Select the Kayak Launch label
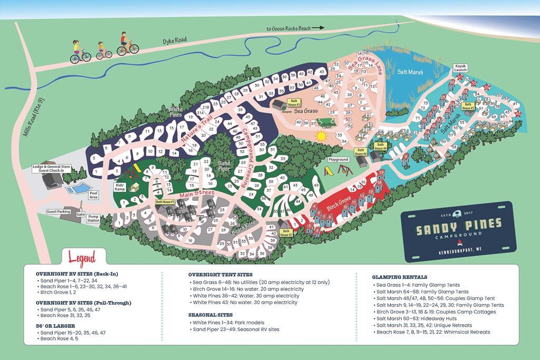[460, 68]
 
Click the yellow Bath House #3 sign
[294, 102]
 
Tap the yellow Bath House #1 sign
[165, 201]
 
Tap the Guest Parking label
[59, 211]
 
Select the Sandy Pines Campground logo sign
[456, 230]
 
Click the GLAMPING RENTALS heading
[399, 277]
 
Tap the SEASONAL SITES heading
[211, 314]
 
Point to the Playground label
[339, 159]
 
